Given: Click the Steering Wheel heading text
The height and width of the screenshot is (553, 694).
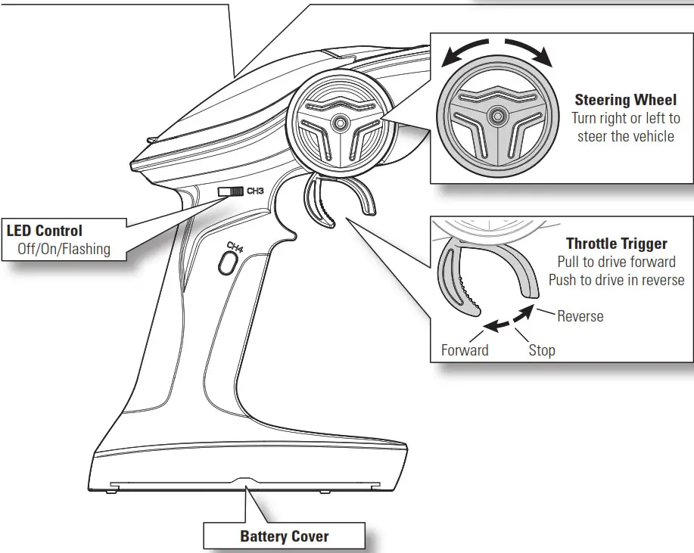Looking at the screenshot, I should click(625, 100).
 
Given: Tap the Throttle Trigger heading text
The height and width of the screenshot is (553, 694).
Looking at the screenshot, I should click(616, 244).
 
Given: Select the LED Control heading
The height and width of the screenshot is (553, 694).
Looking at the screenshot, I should click(45, 231).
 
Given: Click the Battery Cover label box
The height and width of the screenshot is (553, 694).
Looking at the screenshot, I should click(284, 536).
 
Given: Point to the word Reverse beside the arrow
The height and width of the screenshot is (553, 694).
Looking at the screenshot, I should click(580, 315).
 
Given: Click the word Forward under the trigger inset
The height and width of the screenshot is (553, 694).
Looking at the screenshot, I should click(465, 350).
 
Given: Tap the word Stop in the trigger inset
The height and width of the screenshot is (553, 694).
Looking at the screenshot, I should click(541, 350).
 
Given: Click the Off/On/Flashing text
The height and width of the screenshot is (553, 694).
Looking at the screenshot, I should click(64, 249).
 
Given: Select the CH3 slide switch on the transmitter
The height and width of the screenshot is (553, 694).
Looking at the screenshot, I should click(230, 192).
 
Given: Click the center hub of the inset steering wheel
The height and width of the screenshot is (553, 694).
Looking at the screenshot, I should click(497, 115).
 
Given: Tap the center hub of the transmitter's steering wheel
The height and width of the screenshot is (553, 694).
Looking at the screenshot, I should click(340, 121).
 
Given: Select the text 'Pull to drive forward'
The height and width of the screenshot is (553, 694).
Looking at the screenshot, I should click(616, 262).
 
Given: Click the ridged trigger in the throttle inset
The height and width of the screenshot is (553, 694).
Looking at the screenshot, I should click(456, 280).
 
